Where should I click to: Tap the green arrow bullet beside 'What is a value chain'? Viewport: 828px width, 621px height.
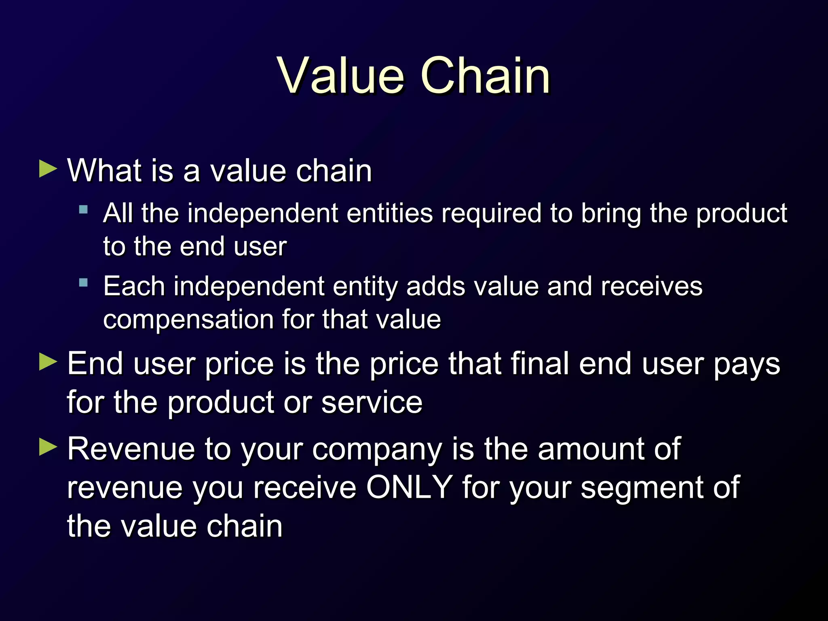48,169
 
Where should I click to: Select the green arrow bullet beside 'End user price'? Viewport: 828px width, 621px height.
48,361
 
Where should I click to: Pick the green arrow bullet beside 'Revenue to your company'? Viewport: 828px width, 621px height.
48,447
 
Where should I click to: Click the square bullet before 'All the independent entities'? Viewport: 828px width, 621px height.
84,209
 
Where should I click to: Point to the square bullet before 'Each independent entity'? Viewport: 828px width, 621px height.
84,283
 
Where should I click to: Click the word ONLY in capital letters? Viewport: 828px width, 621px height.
409,487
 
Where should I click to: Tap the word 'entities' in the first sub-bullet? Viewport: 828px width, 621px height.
389,213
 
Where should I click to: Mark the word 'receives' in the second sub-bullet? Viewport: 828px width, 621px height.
651,287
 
